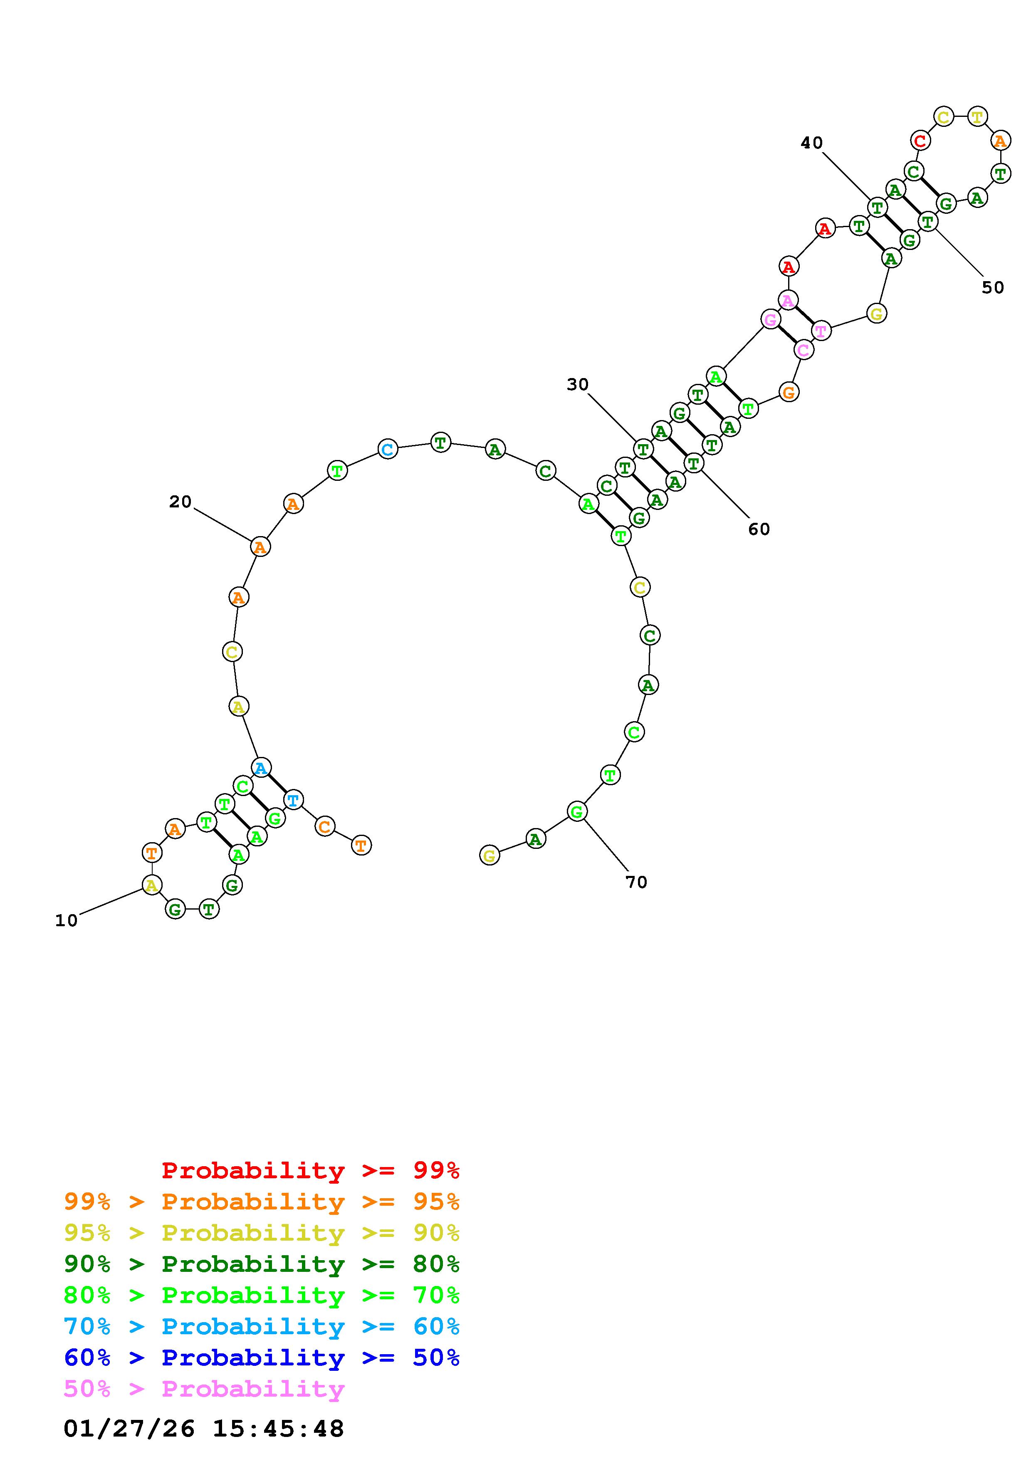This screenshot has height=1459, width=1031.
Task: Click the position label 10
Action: (66, 920)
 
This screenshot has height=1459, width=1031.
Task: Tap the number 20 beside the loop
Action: (180, 502)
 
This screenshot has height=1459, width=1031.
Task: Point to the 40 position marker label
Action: (812, 143)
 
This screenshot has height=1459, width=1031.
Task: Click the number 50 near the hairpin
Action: (993, 288)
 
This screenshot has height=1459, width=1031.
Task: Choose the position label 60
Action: (759, 529)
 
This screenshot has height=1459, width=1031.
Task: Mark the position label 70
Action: (636, 882)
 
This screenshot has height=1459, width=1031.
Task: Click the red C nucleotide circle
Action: (920, 140)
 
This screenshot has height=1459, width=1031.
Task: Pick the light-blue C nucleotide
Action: (388, 449)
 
